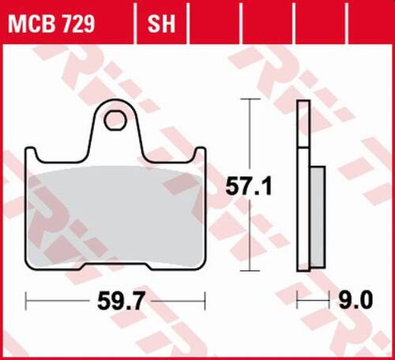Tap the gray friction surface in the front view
[115, 213]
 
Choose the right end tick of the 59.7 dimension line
[205, 300]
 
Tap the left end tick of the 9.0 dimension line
[299, 300]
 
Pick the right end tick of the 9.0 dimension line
[325, 300]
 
